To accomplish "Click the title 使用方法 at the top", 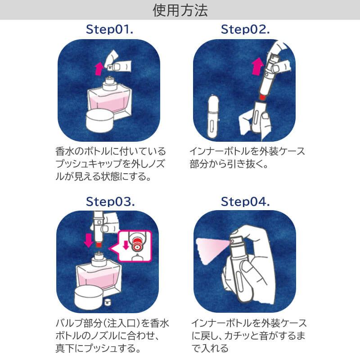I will (x=180, y=10).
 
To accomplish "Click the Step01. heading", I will (x=110, y=30).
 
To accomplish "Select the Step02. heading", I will (x=245, y=30).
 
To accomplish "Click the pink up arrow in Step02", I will (x=257, y=67).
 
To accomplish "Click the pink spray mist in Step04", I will (x=211, y=247).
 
